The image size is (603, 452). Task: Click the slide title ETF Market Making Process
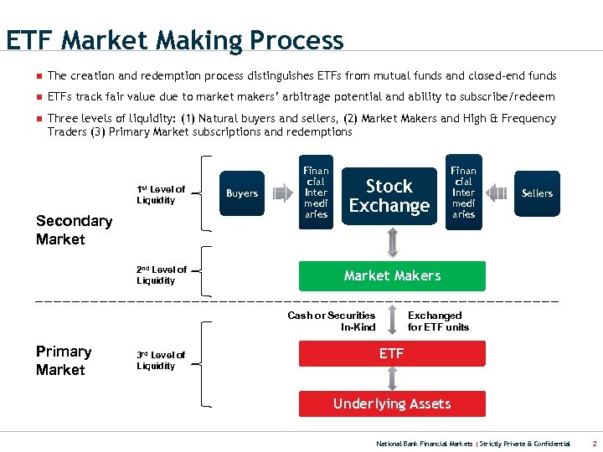[x=174, y=40]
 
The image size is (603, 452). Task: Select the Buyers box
[x=242, y=193]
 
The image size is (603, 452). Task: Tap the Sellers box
[x=537, y=193]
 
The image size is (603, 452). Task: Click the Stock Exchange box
[x=389, y=196]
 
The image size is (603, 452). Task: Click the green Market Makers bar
[x=392, y=275]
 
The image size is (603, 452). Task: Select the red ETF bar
[x=392, y=354]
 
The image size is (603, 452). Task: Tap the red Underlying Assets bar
[x=392, y=403]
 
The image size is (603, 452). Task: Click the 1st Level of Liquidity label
[x=161, y=194]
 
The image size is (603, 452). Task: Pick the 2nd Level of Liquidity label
[x=162, y=275]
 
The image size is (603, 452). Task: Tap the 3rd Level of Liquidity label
[x=161, y=360]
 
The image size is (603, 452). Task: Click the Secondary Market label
[x=74, y=230]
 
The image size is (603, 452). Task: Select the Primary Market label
[x=64, y=361]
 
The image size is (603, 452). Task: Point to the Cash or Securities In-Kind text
[x=332, y=321]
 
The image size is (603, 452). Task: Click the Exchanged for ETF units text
[x=438, y=321]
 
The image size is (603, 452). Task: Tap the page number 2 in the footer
[x=593, y=443]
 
